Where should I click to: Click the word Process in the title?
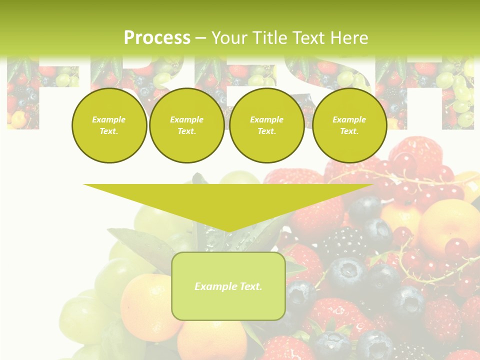pyautogui.click(x=157, y=37)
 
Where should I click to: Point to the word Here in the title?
pyautogui.click(x=348, y=37)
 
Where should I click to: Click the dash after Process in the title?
pyautogui.click(x=200, y=38)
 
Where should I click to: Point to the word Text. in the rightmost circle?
pyautogui.click(x=349, y=131)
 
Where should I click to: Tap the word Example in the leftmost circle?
pyautogui.click(x=109, y=119)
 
